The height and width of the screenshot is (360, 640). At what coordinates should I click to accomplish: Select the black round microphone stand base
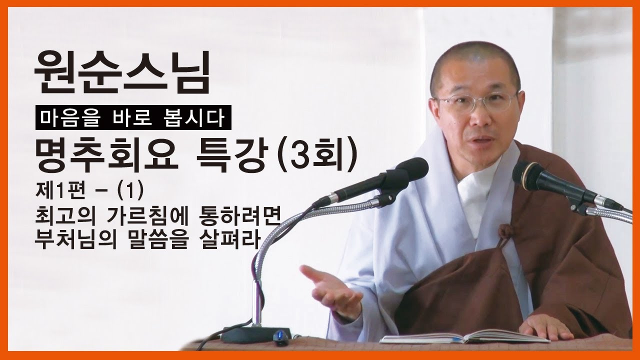point(255,333)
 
